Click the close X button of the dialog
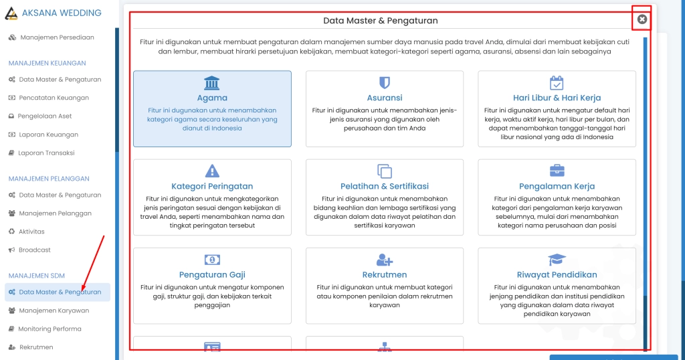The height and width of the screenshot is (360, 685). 642,19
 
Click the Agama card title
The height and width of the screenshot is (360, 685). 212,98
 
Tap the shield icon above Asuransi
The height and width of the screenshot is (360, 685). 385,82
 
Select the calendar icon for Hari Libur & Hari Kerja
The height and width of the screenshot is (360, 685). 557,82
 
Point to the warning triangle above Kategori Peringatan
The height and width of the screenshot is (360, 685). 212,171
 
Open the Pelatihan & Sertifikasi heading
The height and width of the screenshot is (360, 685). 385,186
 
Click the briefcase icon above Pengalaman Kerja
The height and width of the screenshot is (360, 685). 557,171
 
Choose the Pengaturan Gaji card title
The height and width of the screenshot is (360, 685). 212,274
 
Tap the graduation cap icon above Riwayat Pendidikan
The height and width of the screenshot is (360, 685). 557,260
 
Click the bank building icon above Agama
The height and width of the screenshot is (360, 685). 212,82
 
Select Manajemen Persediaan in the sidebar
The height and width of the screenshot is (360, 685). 57,37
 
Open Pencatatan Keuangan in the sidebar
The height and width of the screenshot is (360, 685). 54,98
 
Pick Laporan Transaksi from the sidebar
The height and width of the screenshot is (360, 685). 46,153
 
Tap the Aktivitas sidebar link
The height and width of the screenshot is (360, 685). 32,232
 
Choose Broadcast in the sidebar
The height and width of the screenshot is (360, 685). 35,250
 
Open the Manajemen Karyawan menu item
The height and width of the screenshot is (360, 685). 54,310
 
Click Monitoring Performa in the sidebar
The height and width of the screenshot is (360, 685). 50,329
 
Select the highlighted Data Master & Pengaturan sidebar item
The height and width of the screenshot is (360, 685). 60,292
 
